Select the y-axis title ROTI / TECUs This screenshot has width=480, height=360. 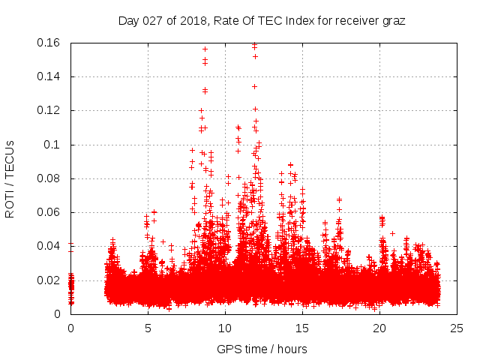pos(10,178)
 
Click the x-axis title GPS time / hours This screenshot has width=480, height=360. pos(262,349)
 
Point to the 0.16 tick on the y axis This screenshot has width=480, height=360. pos(49,43)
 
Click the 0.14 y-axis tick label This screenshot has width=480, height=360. pos(49,76)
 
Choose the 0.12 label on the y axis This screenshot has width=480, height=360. pos(49,110)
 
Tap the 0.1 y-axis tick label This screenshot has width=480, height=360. pos(53,145)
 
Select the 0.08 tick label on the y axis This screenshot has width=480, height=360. pos(49,178)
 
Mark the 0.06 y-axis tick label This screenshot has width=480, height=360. pos(49,212)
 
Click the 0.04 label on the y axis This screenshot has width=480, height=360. pos(49,246)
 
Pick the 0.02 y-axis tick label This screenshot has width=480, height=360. pos(49,280)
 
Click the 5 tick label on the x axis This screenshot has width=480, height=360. pos(148,328)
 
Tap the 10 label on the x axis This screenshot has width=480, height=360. pos(225,328)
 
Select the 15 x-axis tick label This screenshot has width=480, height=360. pos(302,328)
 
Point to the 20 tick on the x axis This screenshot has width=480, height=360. pos(379,328)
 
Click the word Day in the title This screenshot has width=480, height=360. pos(129,21)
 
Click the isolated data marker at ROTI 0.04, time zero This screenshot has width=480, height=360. pos(71,244)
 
